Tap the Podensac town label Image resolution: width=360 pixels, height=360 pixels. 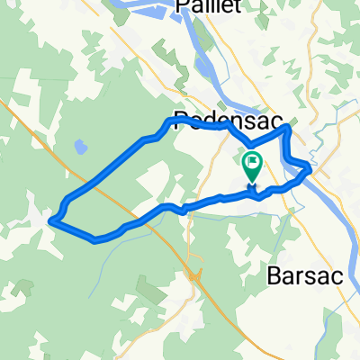tap(227, 120)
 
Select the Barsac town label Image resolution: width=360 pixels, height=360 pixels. tap(306, 277)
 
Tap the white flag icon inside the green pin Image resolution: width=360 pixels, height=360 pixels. tap(252, 164)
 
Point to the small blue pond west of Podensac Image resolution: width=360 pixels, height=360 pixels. tap(80, 144)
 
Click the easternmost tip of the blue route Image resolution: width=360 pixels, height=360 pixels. tap(311, 167)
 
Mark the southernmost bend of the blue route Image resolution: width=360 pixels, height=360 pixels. tap(97, 239)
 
